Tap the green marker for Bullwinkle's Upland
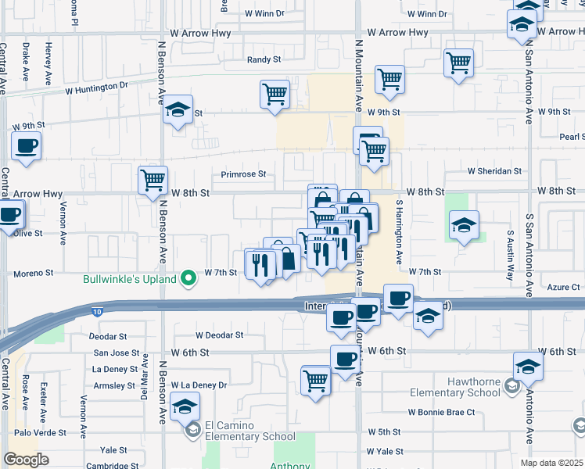tap(188, 277)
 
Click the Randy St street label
tap(264, 59)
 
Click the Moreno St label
tap(32, 274)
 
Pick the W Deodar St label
tap(220, 335)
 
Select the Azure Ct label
tap(564, 288)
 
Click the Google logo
tap(26, 460)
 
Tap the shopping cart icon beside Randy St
tap(275, 95)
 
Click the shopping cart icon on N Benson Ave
tap(153, 180)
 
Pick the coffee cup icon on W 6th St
tap(345, 360)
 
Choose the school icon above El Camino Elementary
tap(185, 406)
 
